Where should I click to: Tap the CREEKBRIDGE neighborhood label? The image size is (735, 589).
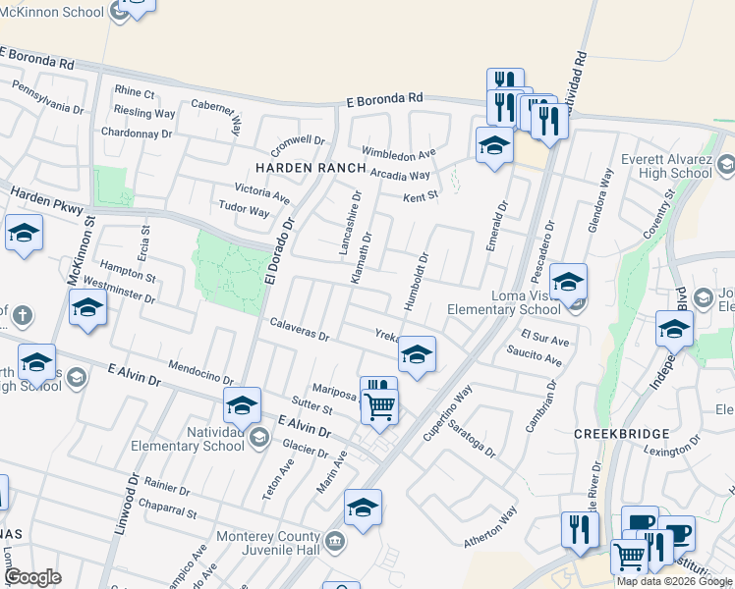tap(622, 433)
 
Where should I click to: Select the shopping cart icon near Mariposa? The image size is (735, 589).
tap(379, 405)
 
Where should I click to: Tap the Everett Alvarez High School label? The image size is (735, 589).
tap(668, 166)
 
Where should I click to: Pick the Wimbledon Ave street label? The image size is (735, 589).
tap(398, 154)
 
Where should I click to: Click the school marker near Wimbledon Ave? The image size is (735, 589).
tap(493, 147)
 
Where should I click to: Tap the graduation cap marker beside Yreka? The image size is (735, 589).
tap(417, 355)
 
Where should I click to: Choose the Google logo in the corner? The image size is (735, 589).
tap(33, 577)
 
